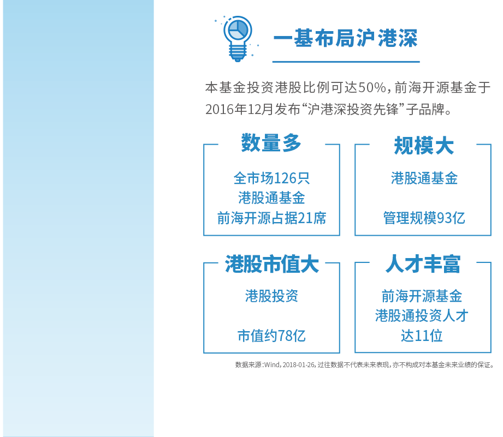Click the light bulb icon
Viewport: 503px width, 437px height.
pyautogui.click(x=238, y=38)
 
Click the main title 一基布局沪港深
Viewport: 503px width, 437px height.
pyautogui.click(x=346, y=38)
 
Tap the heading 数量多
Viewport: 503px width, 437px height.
pyautogui.click(x=271, y=143)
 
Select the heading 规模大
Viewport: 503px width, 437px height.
pyautogui.click(x=424, y=146)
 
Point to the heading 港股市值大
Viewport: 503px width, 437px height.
pyautogui.click(x=272, y=264)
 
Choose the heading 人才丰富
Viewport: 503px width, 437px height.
pyautogui.click(x=423, y=264)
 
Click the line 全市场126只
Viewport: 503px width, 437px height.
pyautogui.click(x=271, y=178)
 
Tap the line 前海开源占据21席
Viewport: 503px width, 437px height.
pyautogui.click(x=271, y=218)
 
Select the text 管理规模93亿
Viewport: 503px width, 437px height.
pyautogui.click(x=424, y=218)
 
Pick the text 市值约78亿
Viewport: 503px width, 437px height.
pyautogui.click(x=271, y=336)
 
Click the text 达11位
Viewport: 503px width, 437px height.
pyautogui.click(x=422, y=336)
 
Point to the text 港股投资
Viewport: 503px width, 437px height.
pyautogui.click(x=271, y=296)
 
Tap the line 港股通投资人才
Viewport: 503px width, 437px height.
pyautogui.click(x=422, y=315)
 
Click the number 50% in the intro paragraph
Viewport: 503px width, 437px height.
pyautogui.click(x=372, y=87)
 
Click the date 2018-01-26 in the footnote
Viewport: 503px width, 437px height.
pyautogui.click(x=298, y=365)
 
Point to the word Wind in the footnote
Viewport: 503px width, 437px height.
pyautogui.click(x=272, y=365)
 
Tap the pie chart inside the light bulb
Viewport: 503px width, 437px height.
pyautogui.click(x=238, y=30)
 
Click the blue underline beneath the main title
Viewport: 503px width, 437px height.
pyautogui.click(x=346, y=62)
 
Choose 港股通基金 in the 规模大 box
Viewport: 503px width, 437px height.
pyautogui.click(x=424, y=178)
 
